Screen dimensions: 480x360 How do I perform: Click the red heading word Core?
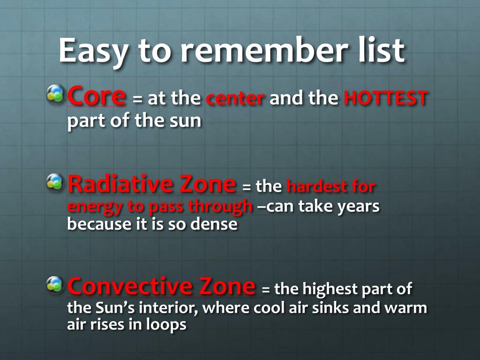pos(97,96)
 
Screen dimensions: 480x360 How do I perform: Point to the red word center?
pos(235,98)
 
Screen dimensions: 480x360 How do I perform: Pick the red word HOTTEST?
pos(385,98)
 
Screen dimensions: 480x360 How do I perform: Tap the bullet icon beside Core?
pos(55,94)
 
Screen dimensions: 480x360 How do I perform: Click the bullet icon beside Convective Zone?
pos(55,285)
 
